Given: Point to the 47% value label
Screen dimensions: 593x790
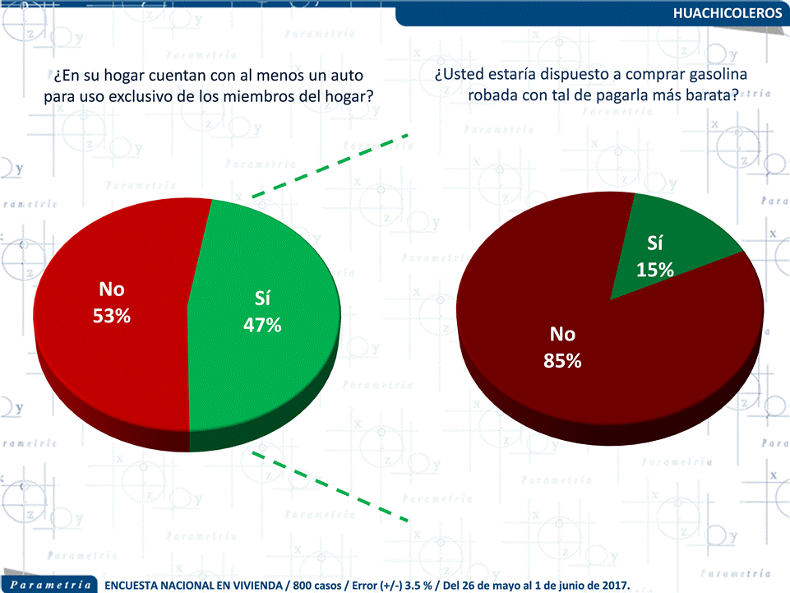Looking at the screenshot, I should click(x=262, y=325).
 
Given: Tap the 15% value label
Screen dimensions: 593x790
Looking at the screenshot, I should click(x=655, y=269).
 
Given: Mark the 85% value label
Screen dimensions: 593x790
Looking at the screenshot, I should click(x=562, y=360).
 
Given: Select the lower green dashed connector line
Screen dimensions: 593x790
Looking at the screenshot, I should click(x=329, y=484).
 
